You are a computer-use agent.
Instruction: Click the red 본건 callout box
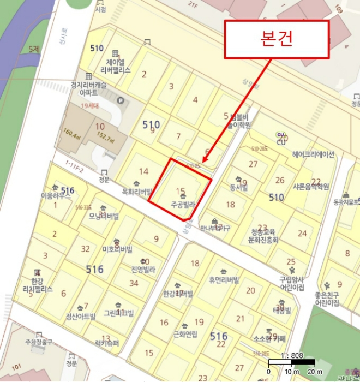(277, 39)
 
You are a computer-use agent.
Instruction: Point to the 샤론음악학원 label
(311, 187)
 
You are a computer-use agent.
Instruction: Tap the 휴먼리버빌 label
(224, 280)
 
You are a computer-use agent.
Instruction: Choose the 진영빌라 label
(143, 270)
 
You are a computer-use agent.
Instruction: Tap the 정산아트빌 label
(80, 317)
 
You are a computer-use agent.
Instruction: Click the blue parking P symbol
(121, 100)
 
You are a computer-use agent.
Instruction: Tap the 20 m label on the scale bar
(315, 372)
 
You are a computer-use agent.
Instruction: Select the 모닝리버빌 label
(104, 217)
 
